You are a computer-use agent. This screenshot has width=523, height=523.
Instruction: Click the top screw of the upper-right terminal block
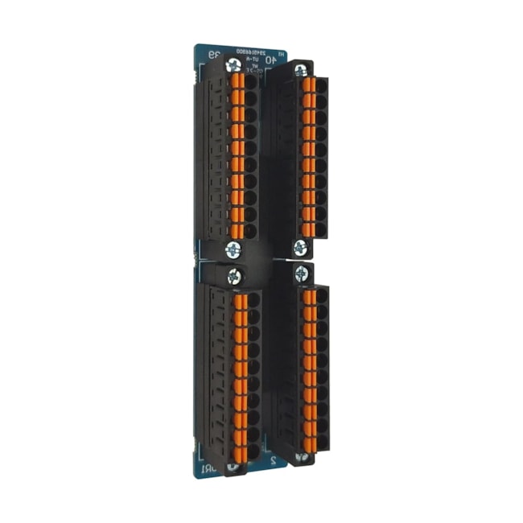point(303,68)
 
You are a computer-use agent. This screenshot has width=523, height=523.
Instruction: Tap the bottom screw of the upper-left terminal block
point(233,248)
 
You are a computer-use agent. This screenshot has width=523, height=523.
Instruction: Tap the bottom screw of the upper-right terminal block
point(300,246)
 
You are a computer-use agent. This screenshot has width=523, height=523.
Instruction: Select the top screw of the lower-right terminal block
point(301,271)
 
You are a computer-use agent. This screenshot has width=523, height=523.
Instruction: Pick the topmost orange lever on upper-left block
point(237,81)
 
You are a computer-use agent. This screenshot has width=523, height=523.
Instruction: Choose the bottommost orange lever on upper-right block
point(307,230)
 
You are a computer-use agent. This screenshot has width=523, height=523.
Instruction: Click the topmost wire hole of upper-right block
point(321,86)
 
